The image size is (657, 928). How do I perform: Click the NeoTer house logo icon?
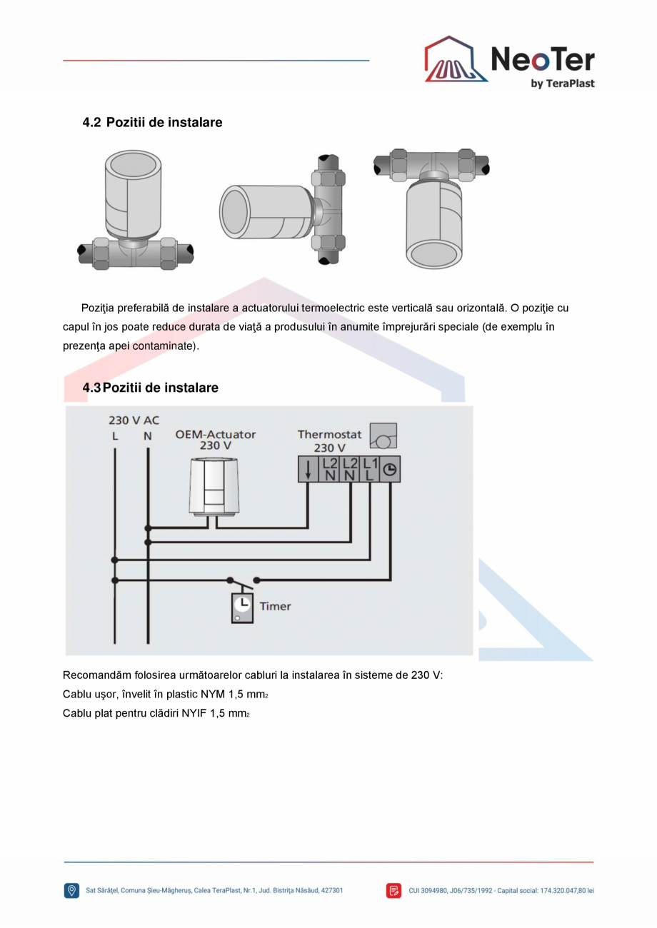click(456, 60)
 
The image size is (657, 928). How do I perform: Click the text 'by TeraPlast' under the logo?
click(562, 84)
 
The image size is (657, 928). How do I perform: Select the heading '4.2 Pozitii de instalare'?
click(153, 122)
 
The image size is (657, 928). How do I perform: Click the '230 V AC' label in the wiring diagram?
click(134, 420)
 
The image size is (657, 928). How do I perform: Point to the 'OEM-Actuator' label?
click(215, 434)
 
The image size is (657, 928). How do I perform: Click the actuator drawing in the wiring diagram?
click(215, 485)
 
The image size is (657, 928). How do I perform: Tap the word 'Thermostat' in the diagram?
click(329, 434)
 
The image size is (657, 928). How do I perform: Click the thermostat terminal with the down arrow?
click(308, 469)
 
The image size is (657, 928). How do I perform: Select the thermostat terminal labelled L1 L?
click(369, 469)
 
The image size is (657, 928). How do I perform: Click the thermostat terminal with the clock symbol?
click(390, 469)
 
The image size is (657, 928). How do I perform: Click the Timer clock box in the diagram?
click(242, 607)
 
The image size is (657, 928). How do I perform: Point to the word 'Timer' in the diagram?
click(275, 606)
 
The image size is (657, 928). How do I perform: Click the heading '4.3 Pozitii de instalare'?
click(151, 388)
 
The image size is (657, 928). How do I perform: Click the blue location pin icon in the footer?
click(71, 890)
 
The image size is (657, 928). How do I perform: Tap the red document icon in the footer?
click(393, 890)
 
